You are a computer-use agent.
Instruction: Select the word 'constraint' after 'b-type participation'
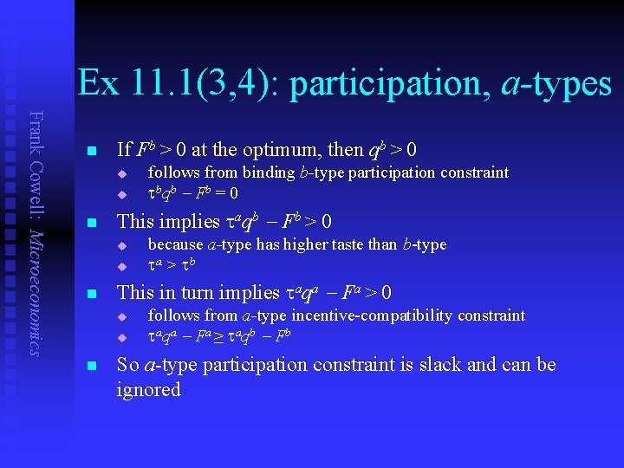(474, 172)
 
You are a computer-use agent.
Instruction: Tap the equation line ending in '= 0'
(193, 192)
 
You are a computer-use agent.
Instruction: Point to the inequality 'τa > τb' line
(175, 264)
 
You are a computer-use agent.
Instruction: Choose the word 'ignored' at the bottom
(148, 390)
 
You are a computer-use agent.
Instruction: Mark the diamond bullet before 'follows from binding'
(122, 173)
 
